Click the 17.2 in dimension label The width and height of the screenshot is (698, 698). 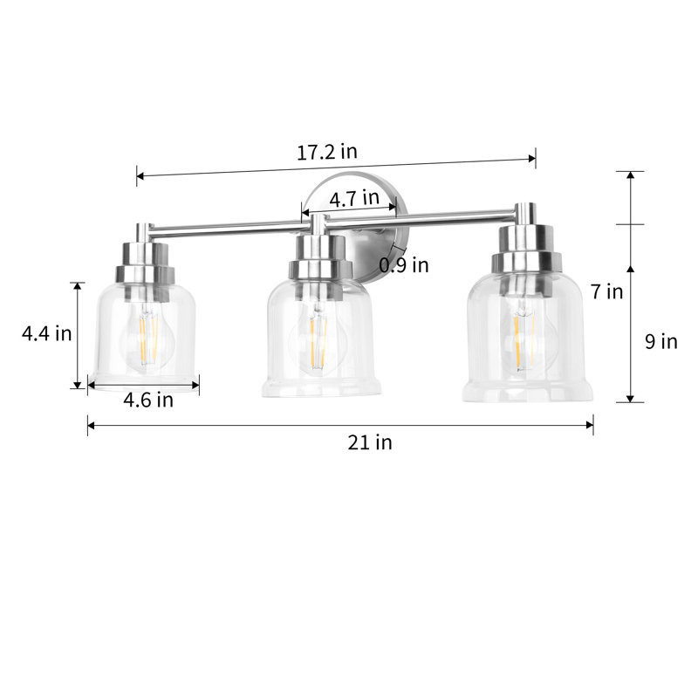tap(327, 151)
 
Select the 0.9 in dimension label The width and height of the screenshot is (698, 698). tap(404, 264)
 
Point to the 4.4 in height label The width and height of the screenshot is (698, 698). tap(46, 333)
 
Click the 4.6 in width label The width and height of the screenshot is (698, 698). tap(148, 400)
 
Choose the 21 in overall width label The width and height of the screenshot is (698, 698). tap(370, 442)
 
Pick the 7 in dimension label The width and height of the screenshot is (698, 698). tap(606, 291)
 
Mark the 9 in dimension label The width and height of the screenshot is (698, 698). tap(661, 341)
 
